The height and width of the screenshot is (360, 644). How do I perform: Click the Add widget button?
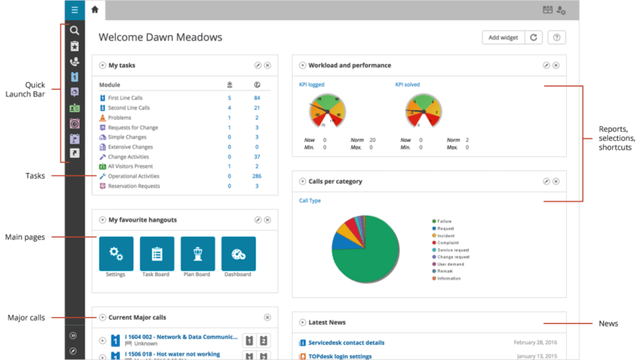point(502,37)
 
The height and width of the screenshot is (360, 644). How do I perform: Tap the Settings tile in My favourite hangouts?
point(116,253)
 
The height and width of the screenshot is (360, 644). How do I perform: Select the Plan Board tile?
point(198,253)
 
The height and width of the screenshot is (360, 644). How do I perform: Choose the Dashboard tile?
point(238,253)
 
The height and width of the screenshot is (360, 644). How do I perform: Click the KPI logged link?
point(312,85)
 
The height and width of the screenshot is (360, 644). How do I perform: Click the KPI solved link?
point(408,85)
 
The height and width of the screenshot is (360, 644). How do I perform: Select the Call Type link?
point(309,201)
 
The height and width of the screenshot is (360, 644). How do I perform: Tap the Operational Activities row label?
point(135,176)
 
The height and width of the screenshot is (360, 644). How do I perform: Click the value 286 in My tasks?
point(257,176)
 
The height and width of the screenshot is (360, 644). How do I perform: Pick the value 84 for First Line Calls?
point(257,98)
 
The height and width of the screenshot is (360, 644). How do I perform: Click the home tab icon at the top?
point(94,9)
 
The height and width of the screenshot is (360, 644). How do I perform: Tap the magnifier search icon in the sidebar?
point(75,30)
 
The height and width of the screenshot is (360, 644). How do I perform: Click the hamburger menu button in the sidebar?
point(75,10)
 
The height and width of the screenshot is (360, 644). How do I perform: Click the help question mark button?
point(557,37)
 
